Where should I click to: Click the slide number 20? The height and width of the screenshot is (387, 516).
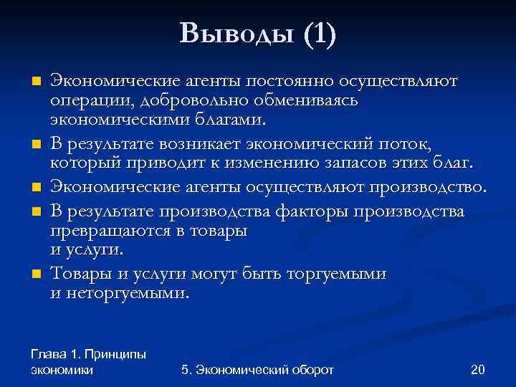[x=477, y=369]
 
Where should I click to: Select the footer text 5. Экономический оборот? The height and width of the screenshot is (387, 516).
[x=258, y=369]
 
